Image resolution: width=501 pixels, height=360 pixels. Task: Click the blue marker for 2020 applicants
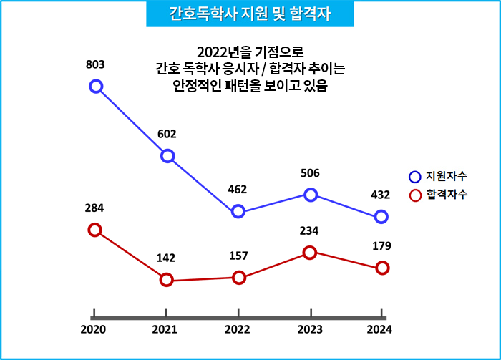[x=96, y=87]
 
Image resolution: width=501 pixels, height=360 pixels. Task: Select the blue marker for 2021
[x=167, y=156]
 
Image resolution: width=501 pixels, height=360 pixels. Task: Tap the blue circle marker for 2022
[x=238, y=211]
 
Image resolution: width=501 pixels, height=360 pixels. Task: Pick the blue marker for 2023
[x=311, y=195]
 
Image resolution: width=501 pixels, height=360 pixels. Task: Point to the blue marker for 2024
[x=381, y=217]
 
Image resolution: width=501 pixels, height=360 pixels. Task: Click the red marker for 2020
[x=94, y=230]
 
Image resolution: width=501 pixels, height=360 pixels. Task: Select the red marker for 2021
[x=167, y=280]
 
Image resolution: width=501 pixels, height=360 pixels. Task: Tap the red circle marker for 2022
[x=239, y=278]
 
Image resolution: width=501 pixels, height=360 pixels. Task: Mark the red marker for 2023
[x=310, y=252]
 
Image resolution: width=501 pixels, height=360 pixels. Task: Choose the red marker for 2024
[x=382, y=268]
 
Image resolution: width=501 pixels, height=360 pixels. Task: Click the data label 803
[x=95, y=65]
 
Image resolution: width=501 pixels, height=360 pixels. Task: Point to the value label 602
[x=167, y=134]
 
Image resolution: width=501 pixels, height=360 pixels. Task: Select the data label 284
[x=94, y=208]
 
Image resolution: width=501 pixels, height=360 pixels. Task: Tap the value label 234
[x=309, y=230]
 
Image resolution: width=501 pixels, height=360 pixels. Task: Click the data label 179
[x=381, y=245]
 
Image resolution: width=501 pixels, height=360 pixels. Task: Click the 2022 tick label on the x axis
[x=238, y=329]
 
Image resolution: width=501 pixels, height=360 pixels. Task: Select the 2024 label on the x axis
[x=380, y=329]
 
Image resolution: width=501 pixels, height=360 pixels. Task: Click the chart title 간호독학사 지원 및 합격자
[x=250, y=14]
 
